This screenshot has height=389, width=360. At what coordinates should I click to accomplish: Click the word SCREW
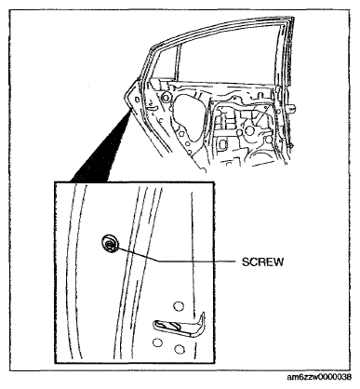click(x=262, y=262)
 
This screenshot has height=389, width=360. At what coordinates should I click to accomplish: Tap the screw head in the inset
click(x=110, y=243)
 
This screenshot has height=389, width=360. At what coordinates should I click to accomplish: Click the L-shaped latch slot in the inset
click(x=180, y=325)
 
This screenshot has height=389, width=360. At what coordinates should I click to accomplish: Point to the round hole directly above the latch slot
click(x=179, y=306)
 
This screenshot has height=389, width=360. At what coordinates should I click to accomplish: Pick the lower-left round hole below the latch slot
click(x=157, y=342)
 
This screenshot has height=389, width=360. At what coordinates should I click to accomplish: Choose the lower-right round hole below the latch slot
click(x=180, y=349)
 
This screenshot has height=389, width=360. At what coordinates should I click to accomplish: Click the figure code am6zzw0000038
click(x=319, y=377)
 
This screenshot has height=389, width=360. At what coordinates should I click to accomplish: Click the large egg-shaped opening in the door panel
click(x=188, y=119)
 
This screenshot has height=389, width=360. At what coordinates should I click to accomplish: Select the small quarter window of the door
click(x=164, y=63)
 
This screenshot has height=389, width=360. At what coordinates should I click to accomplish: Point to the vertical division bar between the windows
click(x=178, y=62)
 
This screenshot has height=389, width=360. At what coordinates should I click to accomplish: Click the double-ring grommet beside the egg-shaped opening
click(x=167, y=97)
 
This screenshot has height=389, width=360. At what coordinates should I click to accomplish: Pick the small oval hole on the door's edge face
click(x=137, y=99)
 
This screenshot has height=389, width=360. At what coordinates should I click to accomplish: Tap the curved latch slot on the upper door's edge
click(x=153, y=108)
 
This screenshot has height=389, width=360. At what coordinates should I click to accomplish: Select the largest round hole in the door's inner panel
click(x=249, y=130)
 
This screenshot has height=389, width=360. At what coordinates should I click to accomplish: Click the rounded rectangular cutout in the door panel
click(x=223, y=144)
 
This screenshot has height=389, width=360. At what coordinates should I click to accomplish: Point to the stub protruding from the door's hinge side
click(x=292, y=108)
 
